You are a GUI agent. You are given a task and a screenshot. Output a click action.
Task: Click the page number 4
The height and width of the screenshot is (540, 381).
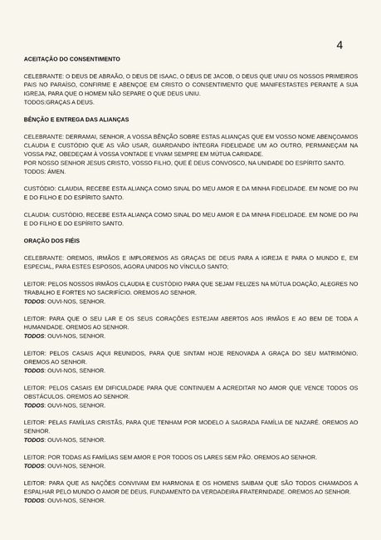(x=339, y=45)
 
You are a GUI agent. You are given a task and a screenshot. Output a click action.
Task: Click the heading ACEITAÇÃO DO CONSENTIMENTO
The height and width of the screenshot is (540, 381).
(x=71, y=59)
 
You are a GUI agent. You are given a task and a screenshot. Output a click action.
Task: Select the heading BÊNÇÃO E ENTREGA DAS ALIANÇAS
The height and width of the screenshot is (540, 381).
(x=76, y=120)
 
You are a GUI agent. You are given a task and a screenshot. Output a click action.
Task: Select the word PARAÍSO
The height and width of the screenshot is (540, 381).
(x=56, y=85)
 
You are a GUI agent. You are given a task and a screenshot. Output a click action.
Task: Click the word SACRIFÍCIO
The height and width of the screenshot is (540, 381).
(x=126, y=292)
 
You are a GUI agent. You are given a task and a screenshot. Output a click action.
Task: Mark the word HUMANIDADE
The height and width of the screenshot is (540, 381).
(x=51, y=327)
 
